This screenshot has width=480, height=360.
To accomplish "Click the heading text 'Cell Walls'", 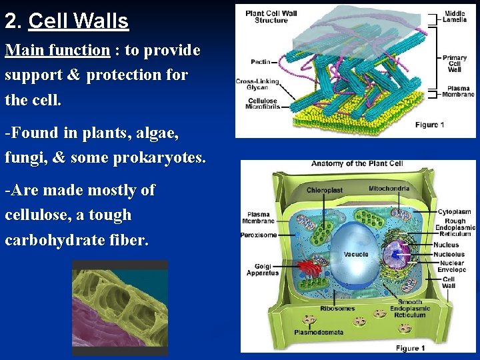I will click(79, 21).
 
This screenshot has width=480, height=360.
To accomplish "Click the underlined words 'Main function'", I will click(57, 50).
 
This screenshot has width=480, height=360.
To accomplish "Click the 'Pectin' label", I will click(261, 62).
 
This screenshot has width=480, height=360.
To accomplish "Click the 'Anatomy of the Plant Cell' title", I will click(357, 164).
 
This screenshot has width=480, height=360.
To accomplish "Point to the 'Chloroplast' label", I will click(325, 191).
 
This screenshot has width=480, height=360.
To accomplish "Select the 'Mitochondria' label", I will click(389, 189).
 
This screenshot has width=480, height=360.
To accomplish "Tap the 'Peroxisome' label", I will click(258, 235).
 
